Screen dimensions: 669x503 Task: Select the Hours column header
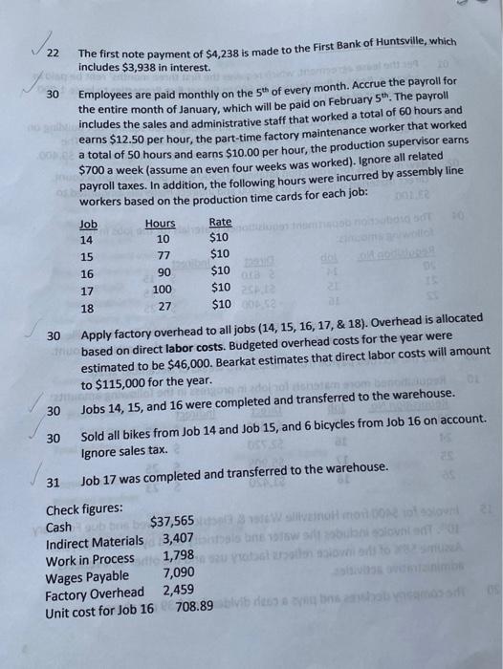[160, 223]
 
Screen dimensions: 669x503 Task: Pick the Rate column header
[220, 223]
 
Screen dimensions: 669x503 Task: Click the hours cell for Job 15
[163, 255]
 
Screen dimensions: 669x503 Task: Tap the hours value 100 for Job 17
[163, 290]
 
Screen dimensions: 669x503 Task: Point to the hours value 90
[163, 272]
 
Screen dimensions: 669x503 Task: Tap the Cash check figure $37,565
[172, 519]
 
